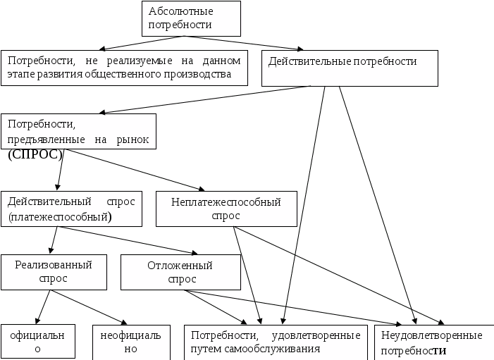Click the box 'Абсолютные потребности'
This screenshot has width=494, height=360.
(x=190, y=18)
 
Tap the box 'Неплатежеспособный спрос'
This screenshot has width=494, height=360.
(x=226, y=209)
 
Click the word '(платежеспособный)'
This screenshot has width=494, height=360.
(x=61, y=217)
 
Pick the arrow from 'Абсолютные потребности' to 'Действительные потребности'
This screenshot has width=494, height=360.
(x=275, y=43)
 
